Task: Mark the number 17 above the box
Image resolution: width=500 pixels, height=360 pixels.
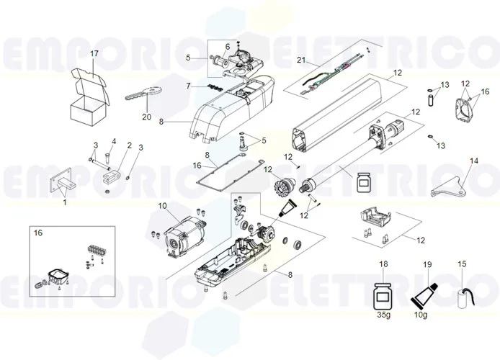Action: [x=94, y=54]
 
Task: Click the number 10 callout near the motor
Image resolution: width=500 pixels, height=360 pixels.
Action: [x=163, y=206]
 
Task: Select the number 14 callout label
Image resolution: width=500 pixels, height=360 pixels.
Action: [x=473, y=161]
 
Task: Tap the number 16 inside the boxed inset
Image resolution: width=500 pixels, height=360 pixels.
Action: [x=38, y=233]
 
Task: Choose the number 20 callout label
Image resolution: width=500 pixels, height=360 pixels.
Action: [x=147, y=117]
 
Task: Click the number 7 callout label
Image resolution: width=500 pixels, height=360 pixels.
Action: [x=188, y=86]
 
